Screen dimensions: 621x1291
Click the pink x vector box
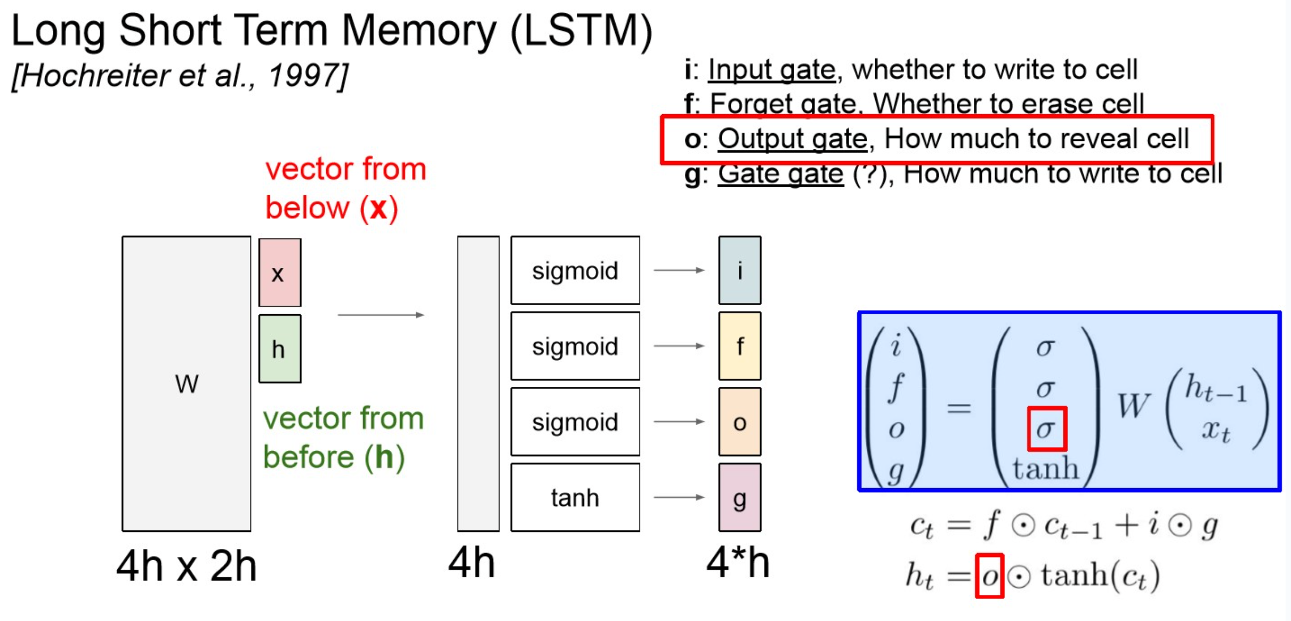click(280, 273)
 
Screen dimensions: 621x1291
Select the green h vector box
click(280, 349)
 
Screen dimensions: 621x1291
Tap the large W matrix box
click(187, 384)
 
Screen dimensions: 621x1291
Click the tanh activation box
click(575, 497)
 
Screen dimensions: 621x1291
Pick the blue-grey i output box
click(739, 270)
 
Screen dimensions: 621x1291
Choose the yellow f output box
click(739, 346)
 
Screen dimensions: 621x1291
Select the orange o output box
click(739, 422)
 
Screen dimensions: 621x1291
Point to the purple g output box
click(739, 497)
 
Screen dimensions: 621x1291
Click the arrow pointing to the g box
click(679, 497)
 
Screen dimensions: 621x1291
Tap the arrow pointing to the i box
click(679, 270)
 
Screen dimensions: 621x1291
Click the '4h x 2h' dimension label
click(187, 566)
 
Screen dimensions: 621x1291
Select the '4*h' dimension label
click(738, 563)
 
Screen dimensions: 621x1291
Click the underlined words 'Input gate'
click(771, 70)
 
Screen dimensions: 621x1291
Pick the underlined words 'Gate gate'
click(780, 174)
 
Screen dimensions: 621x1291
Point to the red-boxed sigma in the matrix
click(1046, 429)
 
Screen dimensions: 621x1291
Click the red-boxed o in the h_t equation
click(989, 576)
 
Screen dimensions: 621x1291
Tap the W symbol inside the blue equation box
click(1133, 407)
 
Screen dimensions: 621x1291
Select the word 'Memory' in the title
click(418, 30)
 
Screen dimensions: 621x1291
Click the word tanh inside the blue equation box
click(1045, 469)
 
